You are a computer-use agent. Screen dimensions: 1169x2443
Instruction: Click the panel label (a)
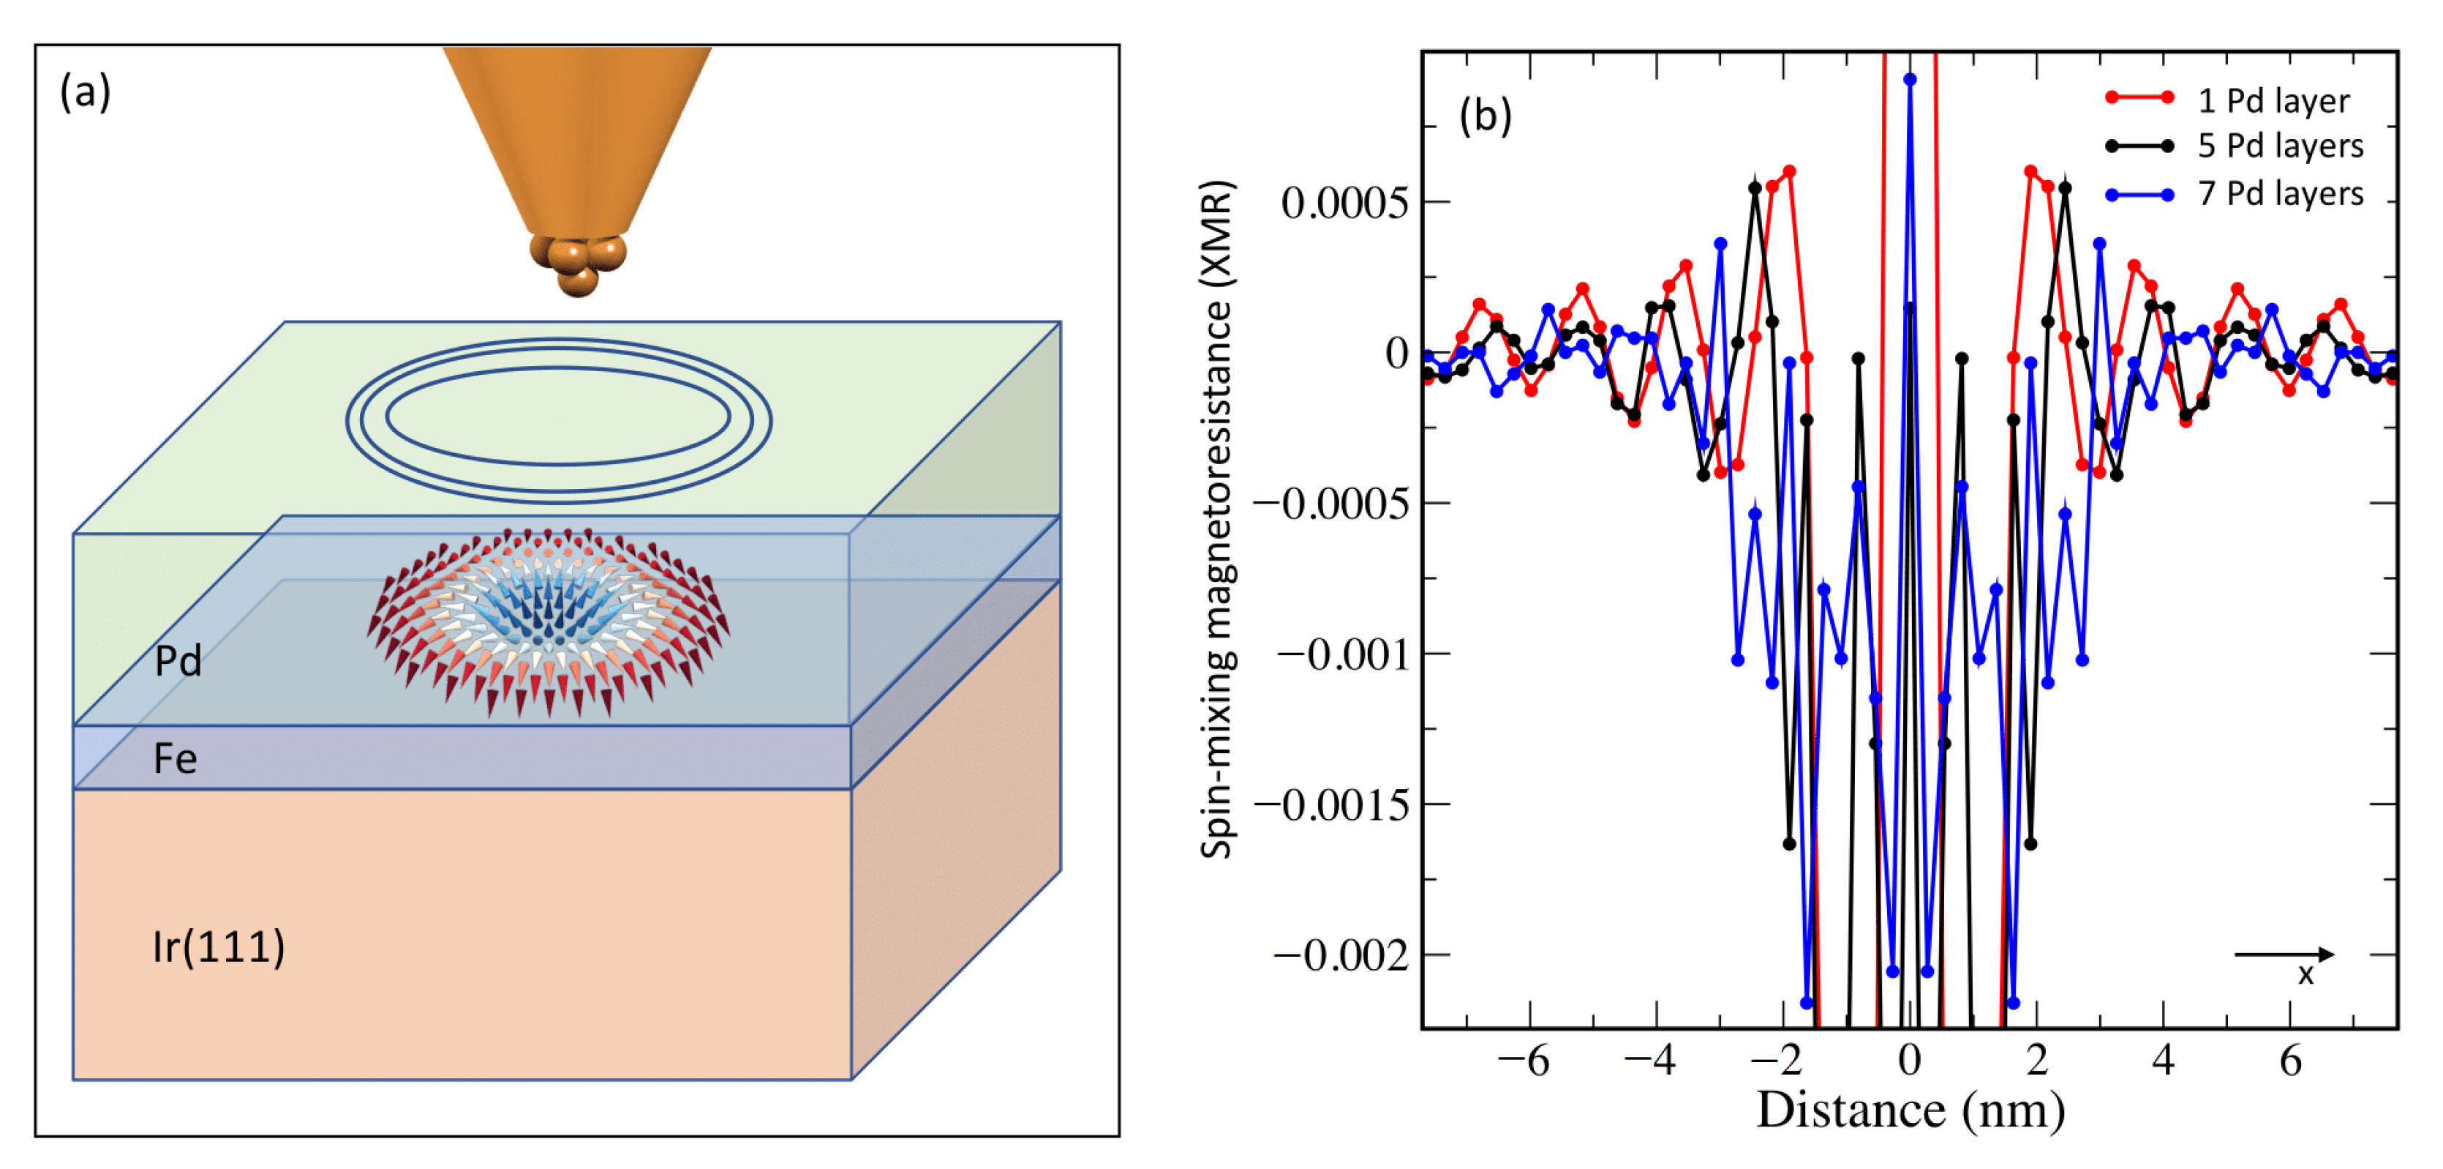tap(86, 92)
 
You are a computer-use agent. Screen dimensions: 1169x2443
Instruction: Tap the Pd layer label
tap(178, 660)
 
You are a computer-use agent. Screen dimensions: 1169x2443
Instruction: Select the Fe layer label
tap(176, 758)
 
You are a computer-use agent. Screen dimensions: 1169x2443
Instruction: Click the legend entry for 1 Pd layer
tap(2273, 100)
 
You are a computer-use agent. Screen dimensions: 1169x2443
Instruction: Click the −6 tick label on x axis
tap(1523, 1060)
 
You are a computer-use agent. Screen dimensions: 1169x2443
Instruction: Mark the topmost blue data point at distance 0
tap(1910, 80)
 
